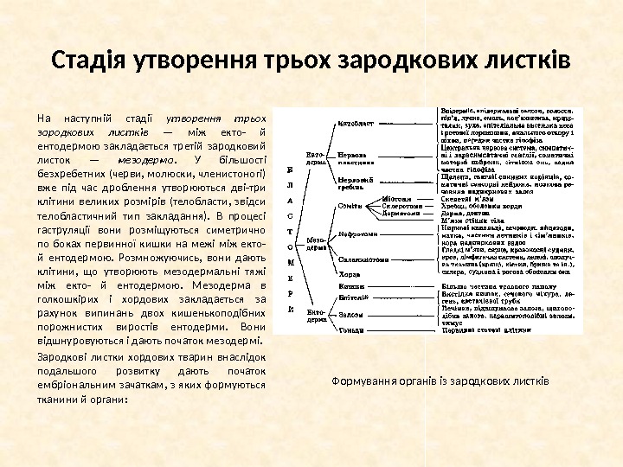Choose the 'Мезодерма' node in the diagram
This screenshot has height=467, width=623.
coord(316,242)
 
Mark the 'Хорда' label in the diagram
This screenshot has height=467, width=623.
coord(349,272)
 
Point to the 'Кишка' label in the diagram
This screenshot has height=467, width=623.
coord(350,285)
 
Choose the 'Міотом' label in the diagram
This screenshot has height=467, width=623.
coord(395,198)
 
